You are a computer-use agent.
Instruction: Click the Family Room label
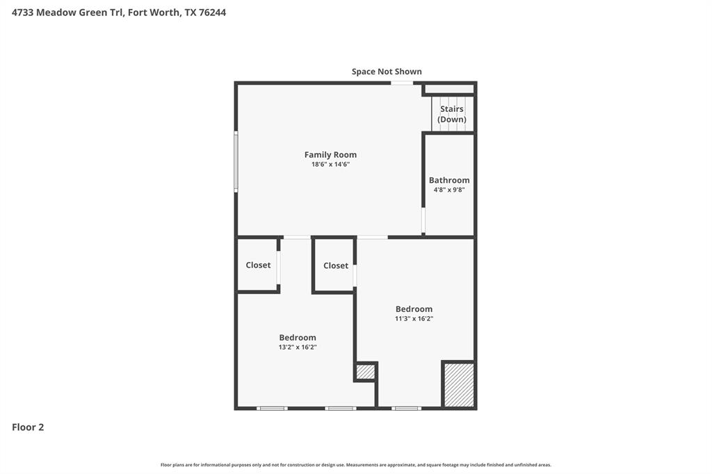330,155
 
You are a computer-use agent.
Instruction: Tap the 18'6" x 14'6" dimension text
330,165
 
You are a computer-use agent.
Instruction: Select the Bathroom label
449,180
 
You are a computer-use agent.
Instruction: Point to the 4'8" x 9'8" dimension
449,190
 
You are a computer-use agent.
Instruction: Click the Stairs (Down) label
452,114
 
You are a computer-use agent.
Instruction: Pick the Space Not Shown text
387,72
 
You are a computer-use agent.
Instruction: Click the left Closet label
258,265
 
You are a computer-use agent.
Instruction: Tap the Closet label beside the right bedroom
336,265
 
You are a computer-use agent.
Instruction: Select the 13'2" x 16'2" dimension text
298,348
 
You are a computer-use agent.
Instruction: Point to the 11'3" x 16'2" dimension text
414,319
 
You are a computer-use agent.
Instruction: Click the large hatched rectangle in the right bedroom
459,384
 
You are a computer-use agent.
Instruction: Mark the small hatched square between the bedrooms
365,372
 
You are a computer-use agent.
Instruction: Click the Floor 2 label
28,427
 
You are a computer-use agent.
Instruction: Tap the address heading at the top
119,13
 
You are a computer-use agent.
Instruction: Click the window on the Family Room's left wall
236,161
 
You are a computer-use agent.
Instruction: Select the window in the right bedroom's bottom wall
406,408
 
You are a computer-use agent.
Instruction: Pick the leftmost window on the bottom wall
272,408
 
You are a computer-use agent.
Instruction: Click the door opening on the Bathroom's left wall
423,220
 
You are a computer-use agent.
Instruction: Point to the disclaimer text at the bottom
356,465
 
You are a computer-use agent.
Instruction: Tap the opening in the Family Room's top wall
401,83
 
